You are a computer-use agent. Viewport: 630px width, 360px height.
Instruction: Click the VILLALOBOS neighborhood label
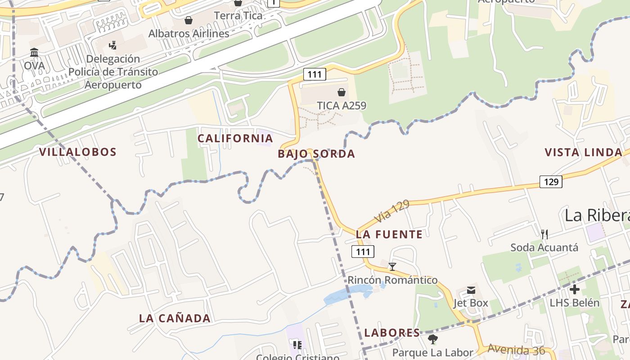77,152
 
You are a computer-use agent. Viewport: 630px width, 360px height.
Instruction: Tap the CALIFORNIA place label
235,138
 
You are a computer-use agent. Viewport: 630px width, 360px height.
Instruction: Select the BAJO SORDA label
316,154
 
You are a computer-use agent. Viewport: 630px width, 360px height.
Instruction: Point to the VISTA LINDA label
584,152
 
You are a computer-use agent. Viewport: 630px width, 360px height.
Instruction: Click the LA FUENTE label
389,234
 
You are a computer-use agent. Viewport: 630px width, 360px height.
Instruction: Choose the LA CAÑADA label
175,319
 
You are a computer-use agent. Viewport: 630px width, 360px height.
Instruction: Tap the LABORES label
392,333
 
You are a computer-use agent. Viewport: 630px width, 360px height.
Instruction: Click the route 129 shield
551,182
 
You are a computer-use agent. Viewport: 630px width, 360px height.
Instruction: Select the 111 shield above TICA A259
314,74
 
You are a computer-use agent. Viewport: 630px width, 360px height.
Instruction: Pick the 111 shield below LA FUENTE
363,252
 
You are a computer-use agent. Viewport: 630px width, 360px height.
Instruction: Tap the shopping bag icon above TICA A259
342,93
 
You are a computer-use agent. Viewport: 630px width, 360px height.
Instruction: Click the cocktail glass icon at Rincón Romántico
392,267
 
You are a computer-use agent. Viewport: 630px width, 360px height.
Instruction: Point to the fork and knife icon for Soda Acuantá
544,234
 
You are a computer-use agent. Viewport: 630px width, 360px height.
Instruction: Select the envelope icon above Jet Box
471,290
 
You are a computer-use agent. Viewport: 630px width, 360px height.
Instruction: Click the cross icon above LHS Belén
574,289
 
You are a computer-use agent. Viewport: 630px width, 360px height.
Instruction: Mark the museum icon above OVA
34,52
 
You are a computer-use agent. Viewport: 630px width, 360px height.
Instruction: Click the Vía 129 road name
392,211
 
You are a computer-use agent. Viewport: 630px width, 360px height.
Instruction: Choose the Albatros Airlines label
189,34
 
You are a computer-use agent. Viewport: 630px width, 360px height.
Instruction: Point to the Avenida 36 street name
516,350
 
